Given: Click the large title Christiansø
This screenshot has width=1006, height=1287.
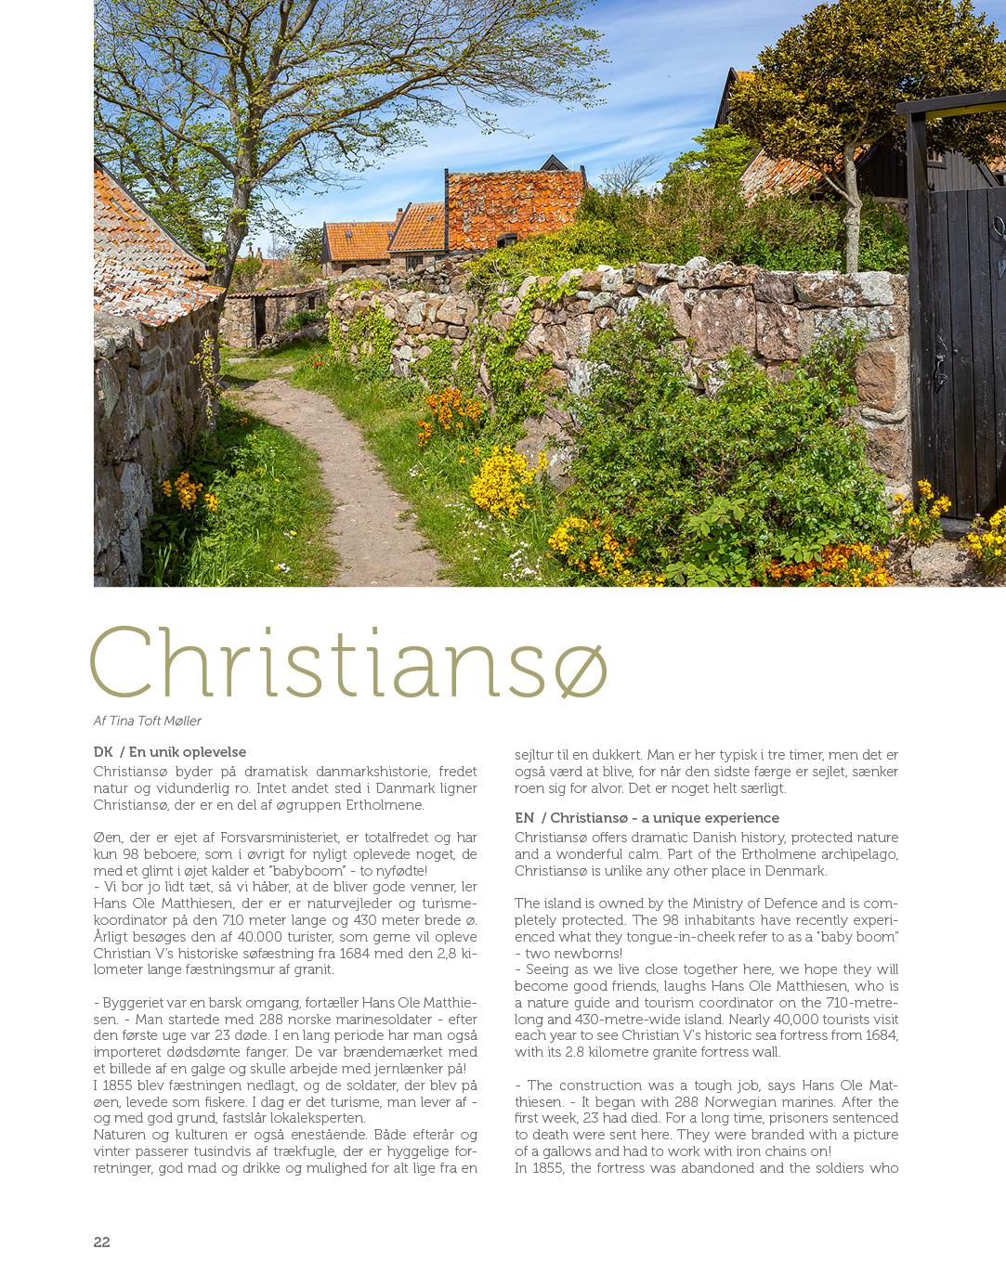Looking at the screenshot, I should [348, 664].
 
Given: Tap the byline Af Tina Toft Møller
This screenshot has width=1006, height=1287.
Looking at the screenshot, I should [148, 721].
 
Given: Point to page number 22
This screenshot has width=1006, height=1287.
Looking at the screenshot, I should [102, 1242].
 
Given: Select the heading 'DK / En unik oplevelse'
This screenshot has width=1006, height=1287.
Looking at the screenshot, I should [170, 752].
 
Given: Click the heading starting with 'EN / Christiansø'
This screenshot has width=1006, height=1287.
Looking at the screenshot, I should [647, 818].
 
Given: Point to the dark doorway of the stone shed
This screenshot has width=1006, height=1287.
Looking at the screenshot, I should [261, 320].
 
